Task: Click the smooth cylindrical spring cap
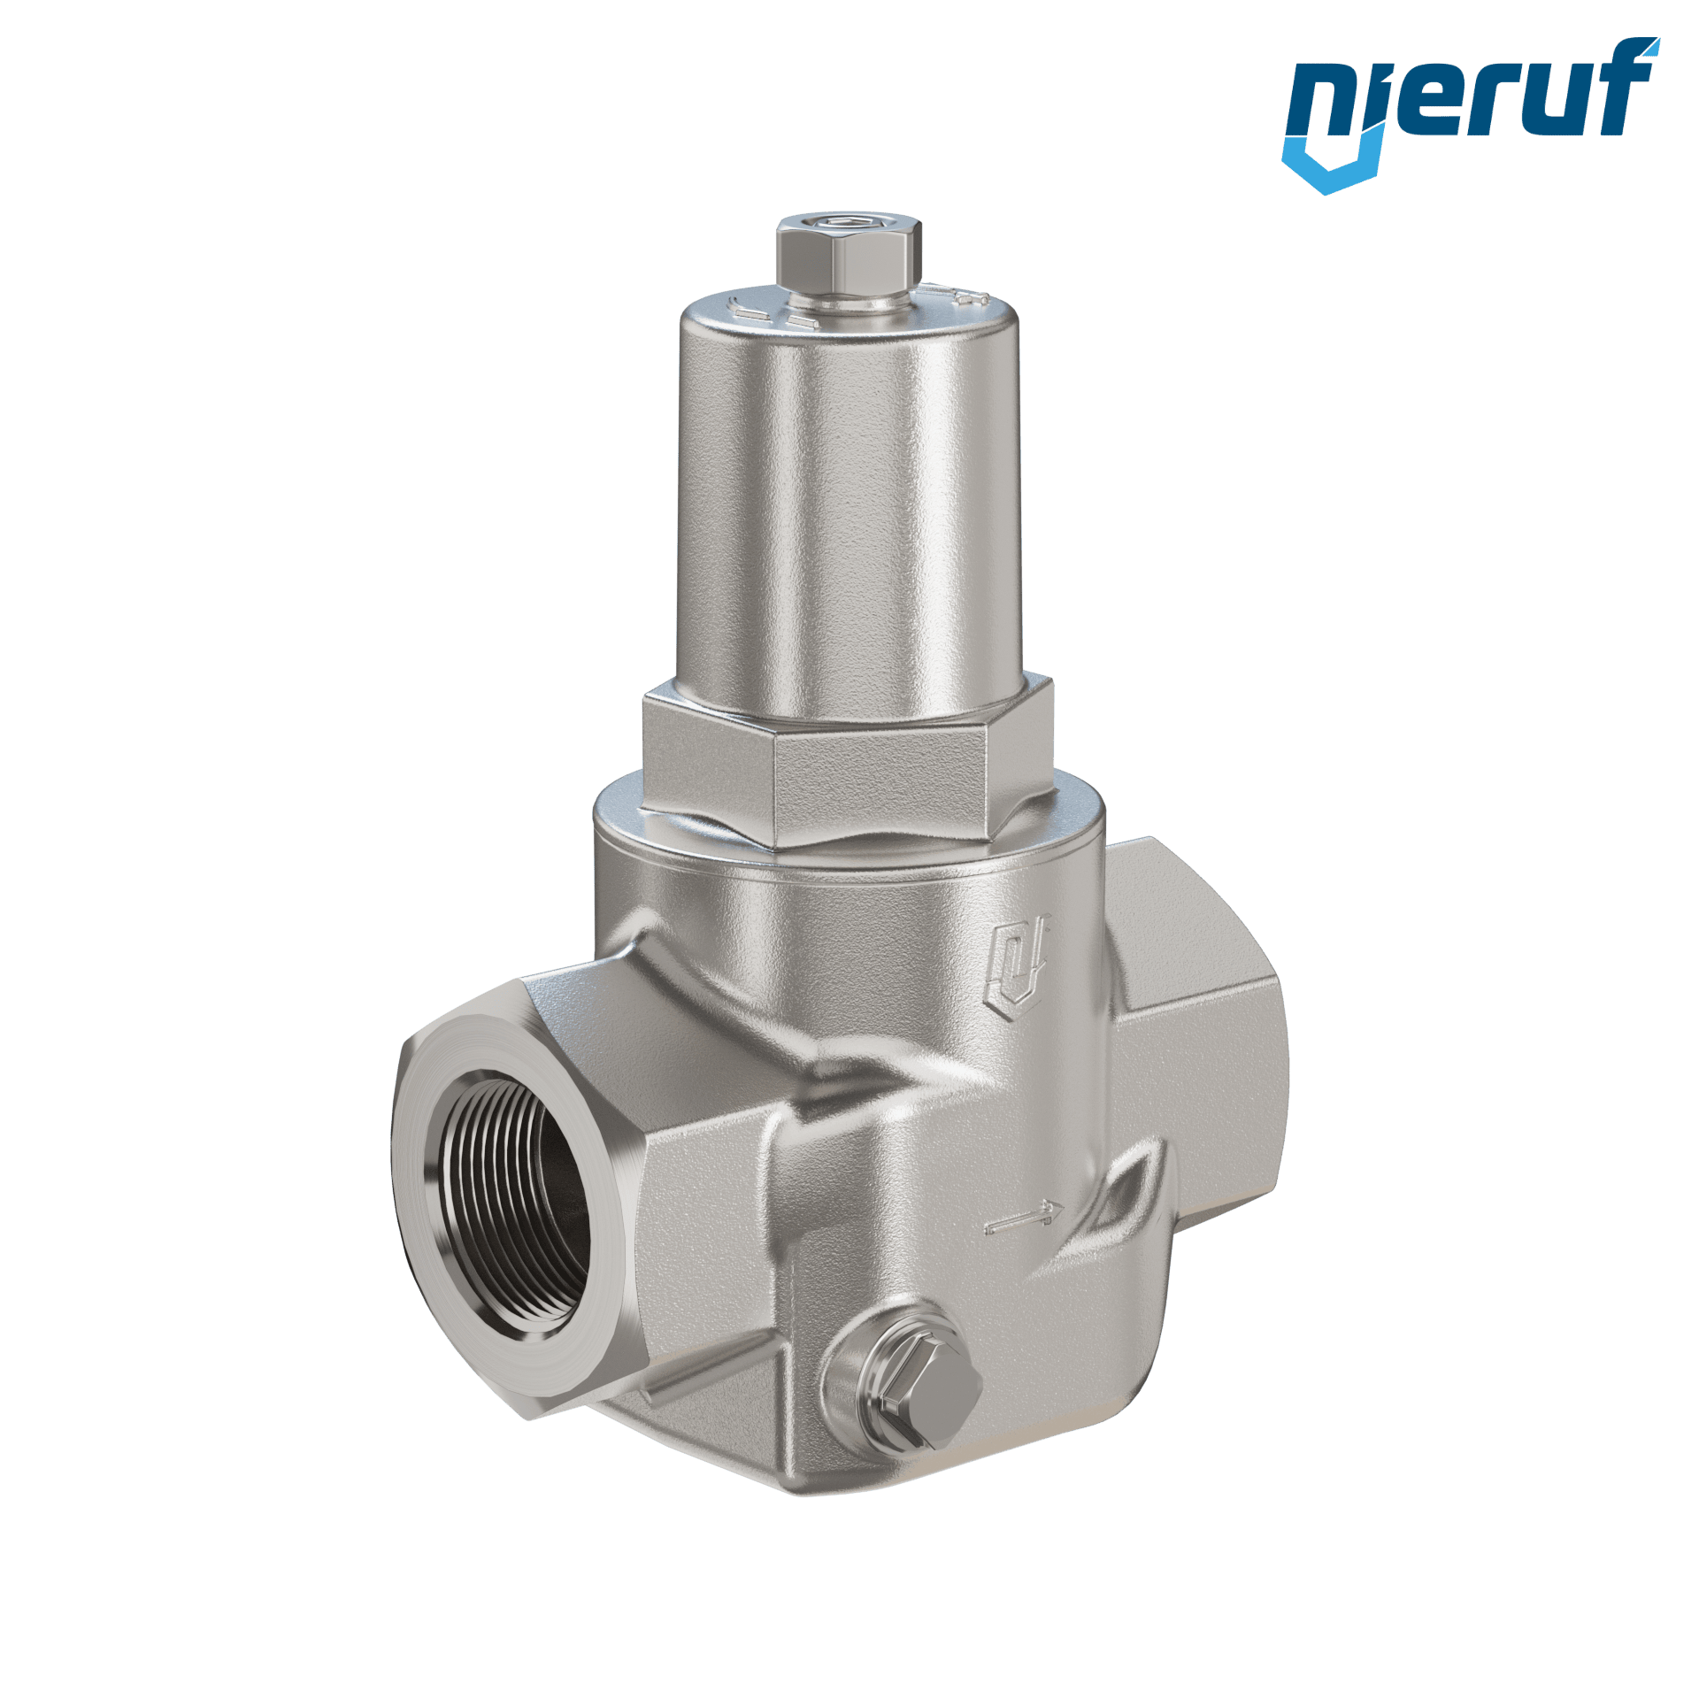(849, 504)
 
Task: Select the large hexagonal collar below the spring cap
(848, 761)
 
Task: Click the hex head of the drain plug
(929, 1412)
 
